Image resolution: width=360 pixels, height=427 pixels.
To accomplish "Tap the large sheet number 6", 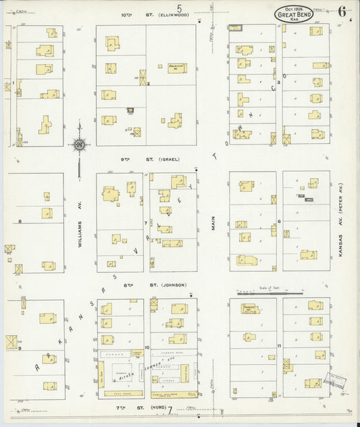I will (343, 11).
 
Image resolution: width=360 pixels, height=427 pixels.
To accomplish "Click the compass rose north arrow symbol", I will (79, 144).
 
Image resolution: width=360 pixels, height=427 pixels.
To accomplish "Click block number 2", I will (148, 84).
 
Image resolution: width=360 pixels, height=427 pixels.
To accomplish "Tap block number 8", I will (20, 221).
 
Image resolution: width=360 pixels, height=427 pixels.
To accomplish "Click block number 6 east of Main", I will (279, 221).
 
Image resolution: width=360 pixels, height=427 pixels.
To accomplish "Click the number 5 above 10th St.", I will (180, 7).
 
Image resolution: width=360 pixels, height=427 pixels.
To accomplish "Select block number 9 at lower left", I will (20, 348).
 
